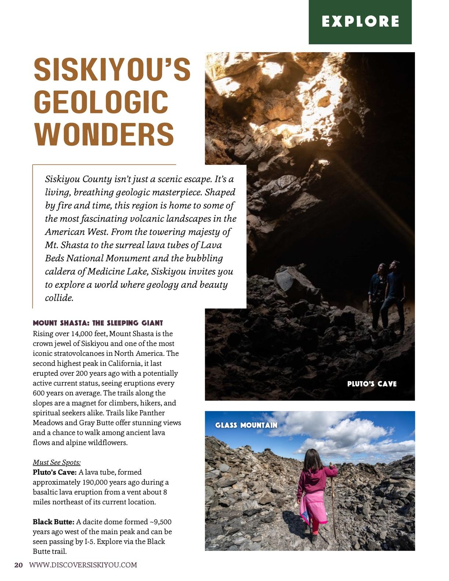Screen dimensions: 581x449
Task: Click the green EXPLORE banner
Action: coord(360,22)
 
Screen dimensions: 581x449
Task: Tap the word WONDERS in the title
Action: coord(104,134)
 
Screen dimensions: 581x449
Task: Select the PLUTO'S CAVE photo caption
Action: coord(372,384)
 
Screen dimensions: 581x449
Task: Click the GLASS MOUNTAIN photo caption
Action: coord(246,425)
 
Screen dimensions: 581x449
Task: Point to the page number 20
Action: coord(18,565)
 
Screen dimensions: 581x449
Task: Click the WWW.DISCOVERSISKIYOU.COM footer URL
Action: coord(83,565)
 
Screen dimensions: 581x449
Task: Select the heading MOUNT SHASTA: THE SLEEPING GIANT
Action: coord(98,323)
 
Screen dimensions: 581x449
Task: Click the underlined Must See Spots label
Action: coord(56,462)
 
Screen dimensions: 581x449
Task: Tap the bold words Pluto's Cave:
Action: coord(55,472)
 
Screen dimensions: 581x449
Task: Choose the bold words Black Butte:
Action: coord(54,522)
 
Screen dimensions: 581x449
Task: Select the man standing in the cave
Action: coord(393,293)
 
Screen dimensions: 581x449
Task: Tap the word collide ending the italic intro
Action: coord(59,298)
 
